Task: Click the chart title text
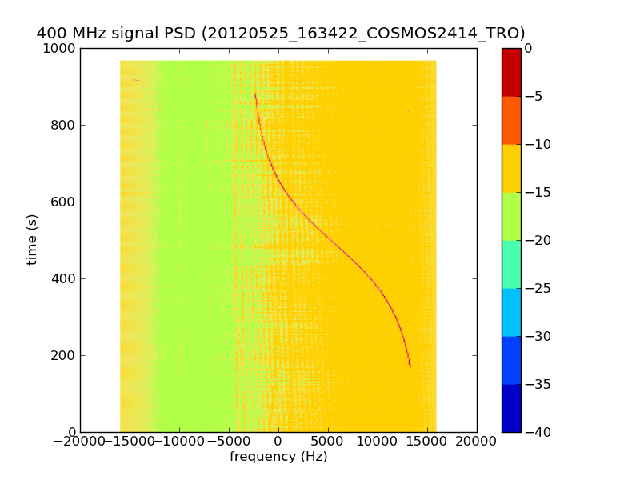pyautogui.click(x=281, y=33)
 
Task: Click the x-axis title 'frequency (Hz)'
pyautogui.click(x=278, y=457)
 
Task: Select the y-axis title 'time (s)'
pyautogui.click(x=32, y=239)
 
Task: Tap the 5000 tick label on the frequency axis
pyautogui.click(x=328, y=441)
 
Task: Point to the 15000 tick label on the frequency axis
pyautogui.click(x=427, y=441)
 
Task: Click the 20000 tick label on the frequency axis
pyautogui.click(x=477, y=441)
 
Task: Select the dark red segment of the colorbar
pyautogui.click(x=511, y=72)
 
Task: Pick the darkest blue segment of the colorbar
pyautogui.click(x=511, y=408)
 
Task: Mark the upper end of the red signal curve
pyautogui.click(x=255, y=94)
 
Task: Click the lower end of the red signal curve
pyautogui.click(x=410, y=366)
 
